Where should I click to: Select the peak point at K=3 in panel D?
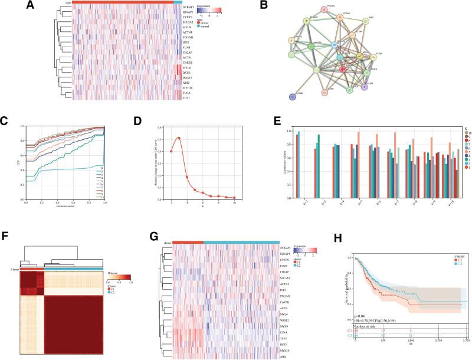click(x=178, y=138)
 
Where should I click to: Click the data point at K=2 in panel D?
click(x=171, y=151)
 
